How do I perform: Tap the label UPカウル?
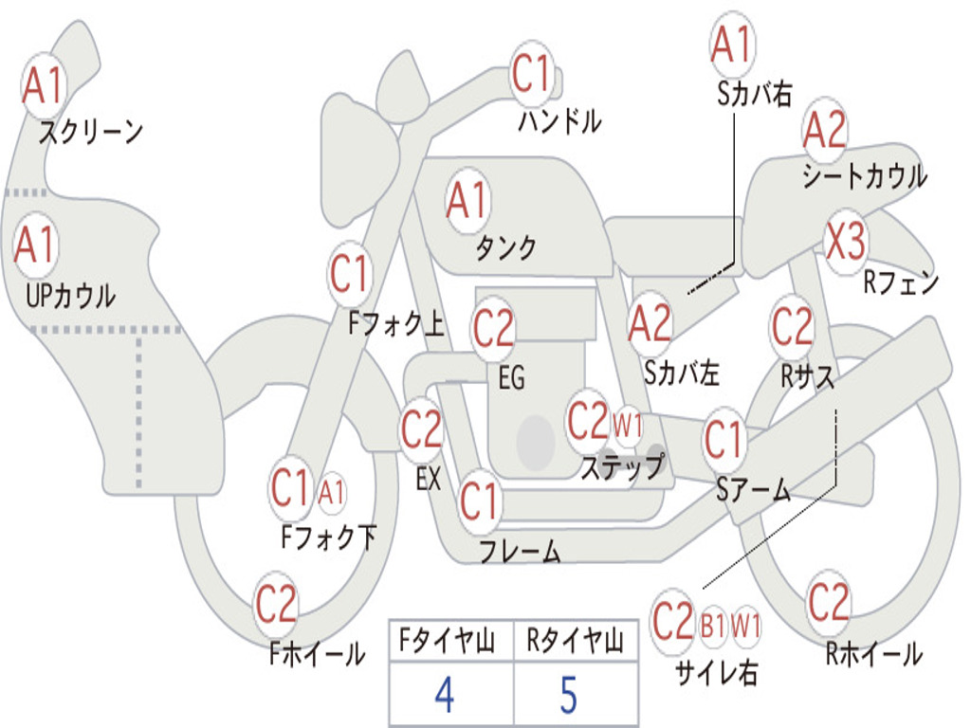[x=70, y=296]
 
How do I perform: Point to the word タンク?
[x=505, y=248]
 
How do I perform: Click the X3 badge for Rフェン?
[x=845, y=243]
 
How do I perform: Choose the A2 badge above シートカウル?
[x=824, y=131]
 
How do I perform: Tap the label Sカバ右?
[x=754, y=93]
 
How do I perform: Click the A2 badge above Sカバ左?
[x=650, y=323]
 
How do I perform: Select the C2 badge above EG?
[x=493, y=329]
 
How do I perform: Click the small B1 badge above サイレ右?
[x=713, y=626]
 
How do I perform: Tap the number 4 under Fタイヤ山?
[x=444, y=696]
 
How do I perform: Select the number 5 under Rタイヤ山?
[x=568, y=696]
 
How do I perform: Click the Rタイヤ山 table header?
[x=575, y=643]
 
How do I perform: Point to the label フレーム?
[x=520, y=551]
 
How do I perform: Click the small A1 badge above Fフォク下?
[x=331, y=492]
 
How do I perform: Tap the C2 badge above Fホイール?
[x=276, y=605]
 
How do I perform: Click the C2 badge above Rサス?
[x=792, y=327]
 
